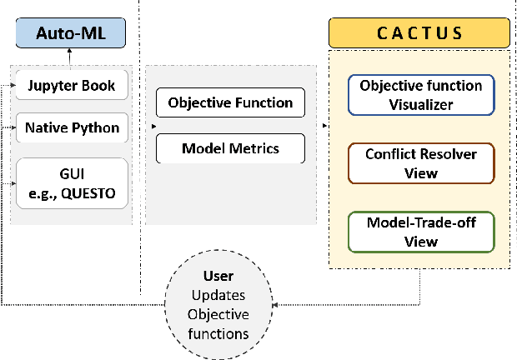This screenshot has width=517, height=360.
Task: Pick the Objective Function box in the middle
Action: coord(230,103)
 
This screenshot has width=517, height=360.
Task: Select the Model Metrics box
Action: coord(230,149)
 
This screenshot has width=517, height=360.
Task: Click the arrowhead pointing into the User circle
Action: coord(275,305)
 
